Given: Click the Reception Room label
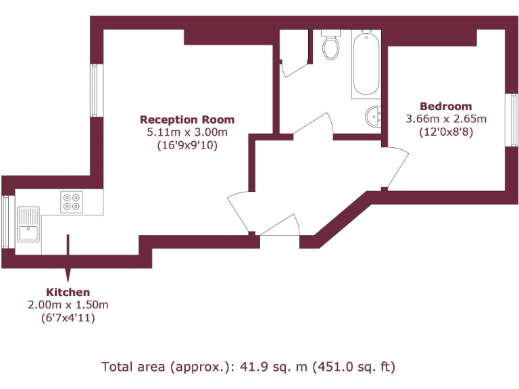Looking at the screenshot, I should (187, 120).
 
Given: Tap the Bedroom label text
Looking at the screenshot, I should (446, 106).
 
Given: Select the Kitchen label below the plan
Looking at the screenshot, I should (68, 292).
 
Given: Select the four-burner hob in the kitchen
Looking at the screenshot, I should (71, 202).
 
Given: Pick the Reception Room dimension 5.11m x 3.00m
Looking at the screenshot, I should (187, 132).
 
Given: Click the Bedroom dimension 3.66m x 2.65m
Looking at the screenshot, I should (446, 119).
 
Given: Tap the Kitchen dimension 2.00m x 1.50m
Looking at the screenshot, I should (68, 305).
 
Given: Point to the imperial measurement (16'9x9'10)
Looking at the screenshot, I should (187, 145).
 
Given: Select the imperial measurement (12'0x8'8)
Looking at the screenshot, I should (446, 132).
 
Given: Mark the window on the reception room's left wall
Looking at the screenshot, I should (96, 90).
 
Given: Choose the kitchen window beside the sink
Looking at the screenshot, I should (7, 222).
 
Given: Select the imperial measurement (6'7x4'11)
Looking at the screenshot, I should (68, 317).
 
